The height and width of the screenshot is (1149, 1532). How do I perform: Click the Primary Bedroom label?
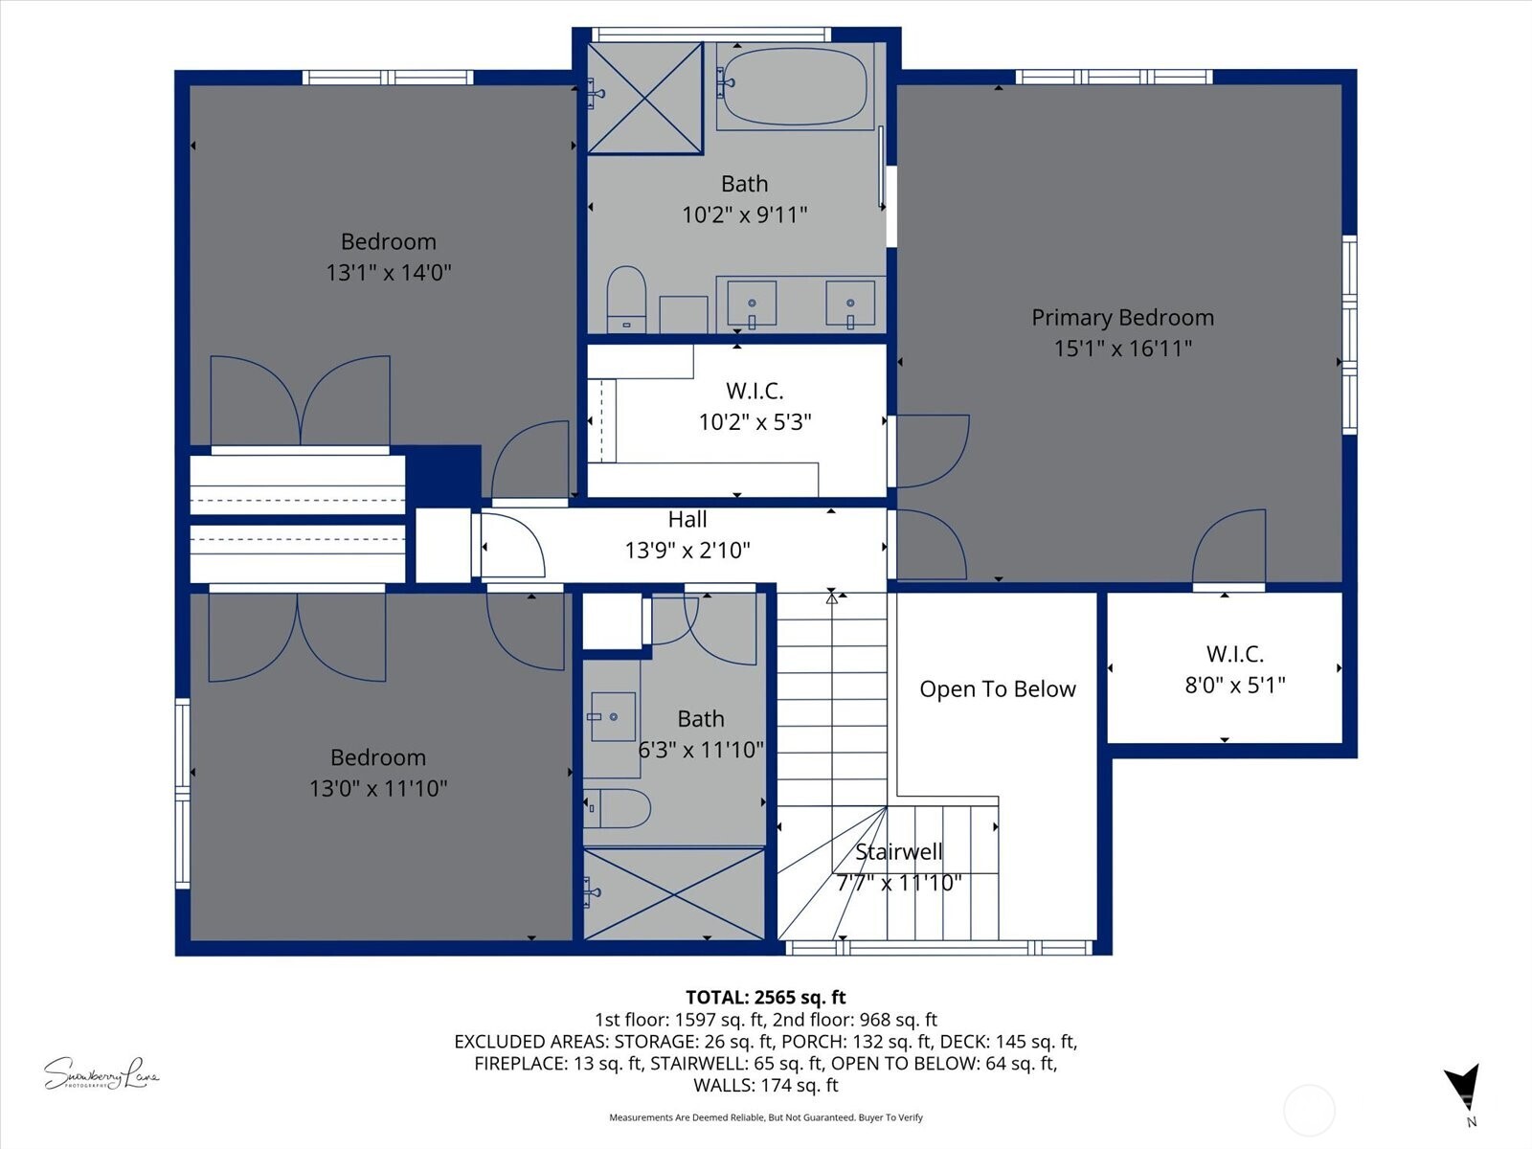click(x=1122, y=317)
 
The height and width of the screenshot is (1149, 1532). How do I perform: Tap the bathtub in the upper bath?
click(x=793, y=86)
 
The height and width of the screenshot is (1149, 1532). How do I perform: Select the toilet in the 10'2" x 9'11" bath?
click(x=626, y=299)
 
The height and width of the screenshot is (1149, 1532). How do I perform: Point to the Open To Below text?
click(x=997, y=689)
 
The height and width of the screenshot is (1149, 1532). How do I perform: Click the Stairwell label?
click(x=898, y=851)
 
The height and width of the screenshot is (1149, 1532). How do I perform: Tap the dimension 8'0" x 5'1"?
click(x=1234, y=685)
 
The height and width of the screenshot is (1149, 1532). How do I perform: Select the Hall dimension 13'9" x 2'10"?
click(x=687, y=550)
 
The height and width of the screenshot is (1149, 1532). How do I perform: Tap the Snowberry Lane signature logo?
click(x=101, y=1074)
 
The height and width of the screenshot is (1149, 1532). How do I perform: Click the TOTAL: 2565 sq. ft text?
click(x=765, y=998)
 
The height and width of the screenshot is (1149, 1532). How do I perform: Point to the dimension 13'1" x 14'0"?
click(x=388, y=272)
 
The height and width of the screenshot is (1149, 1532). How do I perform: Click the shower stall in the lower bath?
click(x=674, y=893)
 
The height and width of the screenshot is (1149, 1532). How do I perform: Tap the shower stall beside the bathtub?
click(x=644, y=98)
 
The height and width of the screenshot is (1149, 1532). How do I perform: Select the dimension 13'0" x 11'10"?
click(x=377, y=788)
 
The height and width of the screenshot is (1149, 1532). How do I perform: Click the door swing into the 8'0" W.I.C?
click(x=1230, y=548)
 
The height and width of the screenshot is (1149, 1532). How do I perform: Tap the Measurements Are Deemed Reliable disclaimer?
click(x=765, y=1117)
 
